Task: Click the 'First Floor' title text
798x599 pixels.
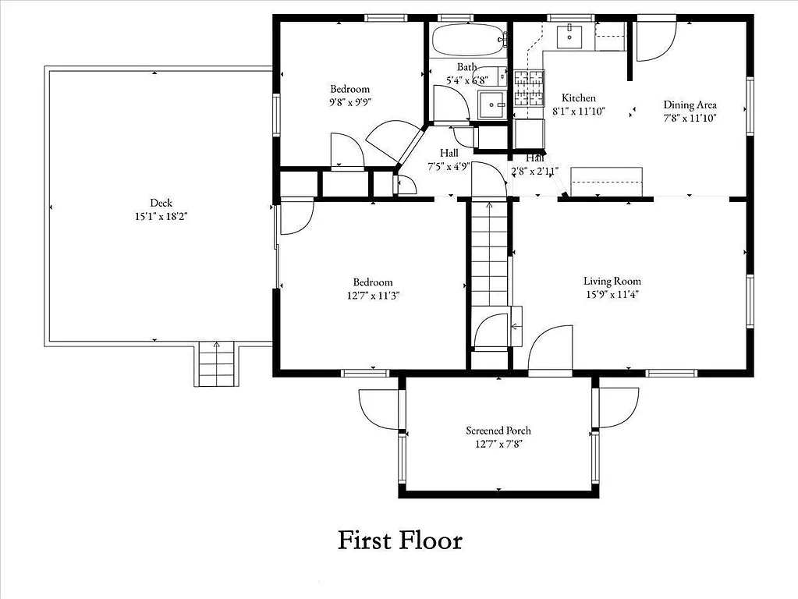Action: coord(399,540)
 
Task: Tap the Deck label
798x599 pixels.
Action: coord(161,204)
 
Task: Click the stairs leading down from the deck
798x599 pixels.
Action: coord(215,364)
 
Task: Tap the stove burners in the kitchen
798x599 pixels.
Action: coord(529,88)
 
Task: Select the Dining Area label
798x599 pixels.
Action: coord(690,105)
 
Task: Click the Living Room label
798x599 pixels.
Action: coord(612,282)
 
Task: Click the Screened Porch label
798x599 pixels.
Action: coord(498,431)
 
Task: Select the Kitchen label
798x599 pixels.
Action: coord(579,98)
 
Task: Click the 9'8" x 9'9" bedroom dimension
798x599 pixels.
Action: coord(349,102)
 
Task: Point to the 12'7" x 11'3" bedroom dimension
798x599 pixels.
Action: coord(372,296)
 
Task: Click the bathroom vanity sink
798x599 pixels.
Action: coord(493,103)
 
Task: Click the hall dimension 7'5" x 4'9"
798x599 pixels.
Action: coord(449,166)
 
